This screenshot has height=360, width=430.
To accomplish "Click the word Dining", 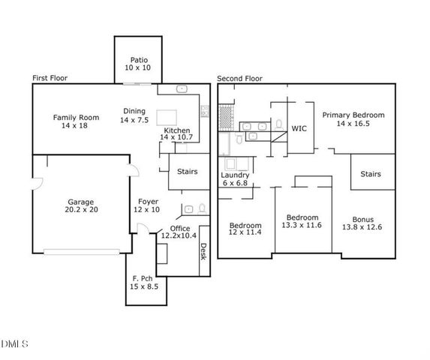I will tap(134, 112).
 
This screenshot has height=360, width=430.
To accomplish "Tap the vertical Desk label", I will tap(203, 252).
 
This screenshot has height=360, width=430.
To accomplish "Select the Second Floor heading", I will tap(241, 78).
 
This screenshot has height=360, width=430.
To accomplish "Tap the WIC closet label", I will tap(300, 128).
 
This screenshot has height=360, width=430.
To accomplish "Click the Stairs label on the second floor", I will tap(371, 174).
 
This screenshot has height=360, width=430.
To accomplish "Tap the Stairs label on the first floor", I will tap(187, 172).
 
